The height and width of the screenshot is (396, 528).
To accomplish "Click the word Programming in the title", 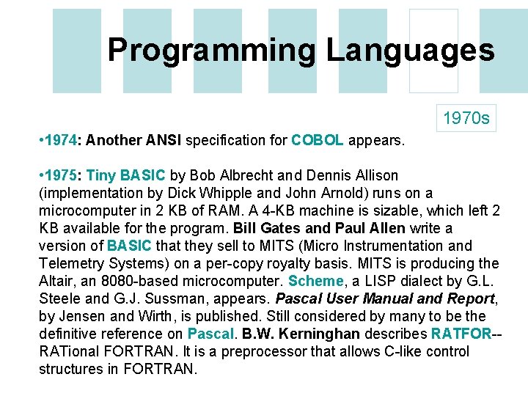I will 212,51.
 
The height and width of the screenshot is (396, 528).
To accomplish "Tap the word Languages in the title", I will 410,51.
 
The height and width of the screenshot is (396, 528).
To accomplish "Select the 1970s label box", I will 465,117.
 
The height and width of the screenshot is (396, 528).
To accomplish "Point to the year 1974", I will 64,140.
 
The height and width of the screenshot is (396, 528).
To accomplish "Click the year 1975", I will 64,175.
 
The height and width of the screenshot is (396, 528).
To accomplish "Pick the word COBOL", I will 317,140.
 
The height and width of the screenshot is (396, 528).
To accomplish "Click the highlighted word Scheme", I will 315,281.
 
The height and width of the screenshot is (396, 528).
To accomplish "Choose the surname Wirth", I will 153,316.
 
